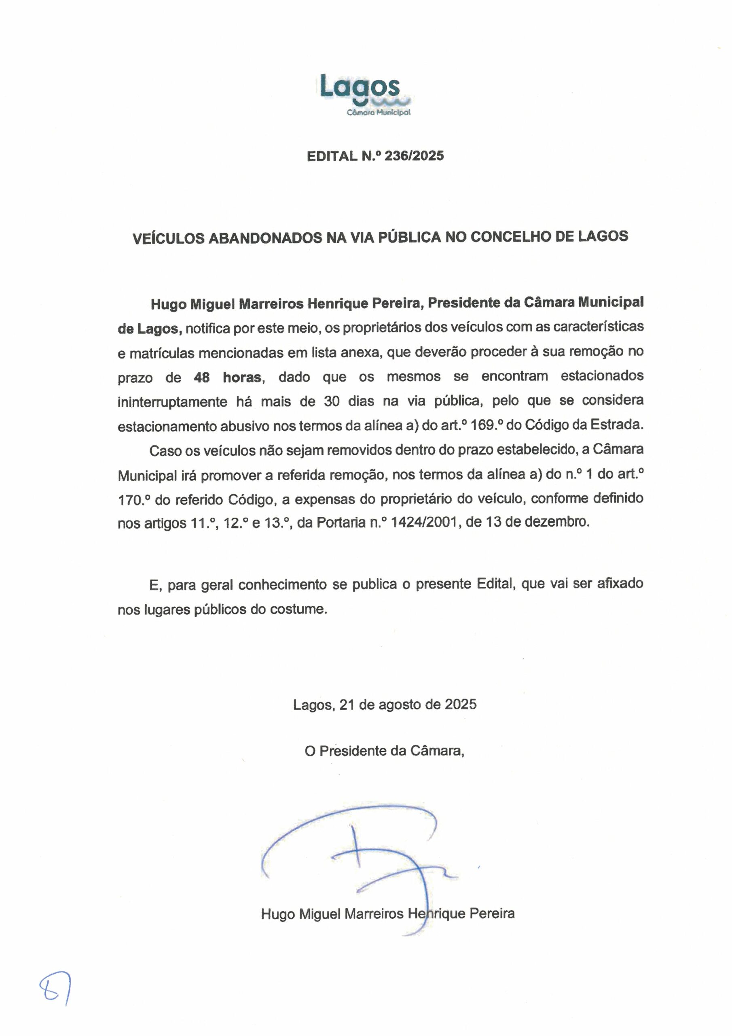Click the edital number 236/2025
[x=414, y=156]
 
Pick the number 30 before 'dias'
[x=332, y=401]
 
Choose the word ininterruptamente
[x=172, y=402]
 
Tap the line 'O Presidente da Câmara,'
[x=384, y=751]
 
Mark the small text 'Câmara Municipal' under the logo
[x=379, y=113]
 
